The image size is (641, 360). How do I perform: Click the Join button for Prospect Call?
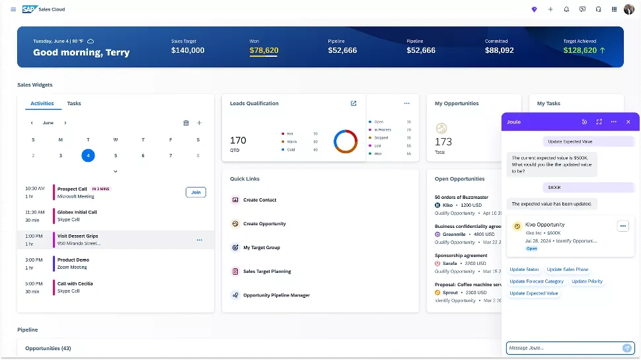click(x=196, y=192)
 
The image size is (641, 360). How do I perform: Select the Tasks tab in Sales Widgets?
click(x=74, y=104)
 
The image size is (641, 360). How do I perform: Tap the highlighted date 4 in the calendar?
click(x=88, y=156)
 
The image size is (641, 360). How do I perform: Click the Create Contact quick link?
click(x=260, y=200)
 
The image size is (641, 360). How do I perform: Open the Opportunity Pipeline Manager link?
click(x=276, y=295)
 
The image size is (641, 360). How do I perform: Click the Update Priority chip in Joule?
click(x=587, y=281)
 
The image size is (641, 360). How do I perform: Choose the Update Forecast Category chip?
click(x=537, y=281)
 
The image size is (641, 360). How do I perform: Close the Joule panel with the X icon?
click(x=628, y=122)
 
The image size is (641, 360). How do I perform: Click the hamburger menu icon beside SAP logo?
click(x=13, y=9)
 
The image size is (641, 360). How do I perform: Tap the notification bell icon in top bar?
click(x=566, y=9)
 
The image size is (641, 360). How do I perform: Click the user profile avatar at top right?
click(x=628, y=9)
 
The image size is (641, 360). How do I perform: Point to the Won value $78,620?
click(x=264, y=50)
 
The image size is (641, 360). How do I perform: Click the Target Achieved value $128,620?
click(x=580, y=50)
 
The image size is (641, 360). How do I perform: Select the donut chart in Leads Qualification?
click(x=345, y=141)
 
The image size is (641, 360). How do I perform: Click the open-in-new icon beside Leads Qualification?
click(x=354, y=104)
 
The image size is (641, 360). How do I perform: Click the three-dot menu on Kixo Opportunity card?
click(x=622, y=226)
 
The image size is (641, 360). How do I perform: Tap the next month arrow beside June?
click(x=65, y=123)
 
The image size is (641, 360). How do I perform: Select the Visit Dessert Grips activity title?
click(x=77, y=236)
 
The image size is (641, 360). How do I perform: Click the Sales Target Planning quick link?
click(x=267, y=271)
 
